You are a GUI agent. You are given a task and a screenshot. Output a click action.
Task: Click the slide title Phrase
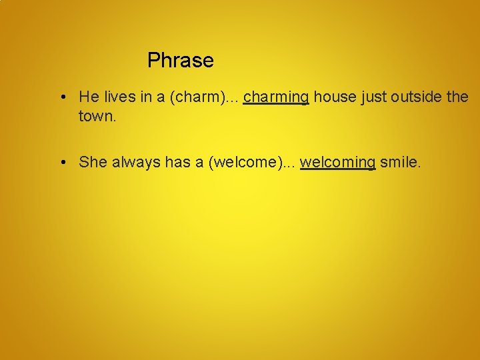click(x=180, y=61)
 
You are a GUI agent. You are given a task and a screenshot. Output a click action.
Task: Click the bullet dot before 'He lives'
click(x=61, y=97)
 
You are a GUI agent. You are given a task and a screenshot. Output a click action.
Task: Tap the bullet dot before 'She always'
click(x=61, y=162)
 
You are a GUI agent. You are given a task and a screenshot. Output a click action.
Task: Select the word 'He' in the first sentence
click(x=88, y=97)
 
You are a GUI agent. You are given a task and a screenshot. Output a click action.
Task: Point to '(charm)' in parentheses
click(x=196, y=97)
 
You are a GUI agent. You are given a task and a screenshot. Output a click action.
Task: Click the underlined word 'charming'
click(x=276, y=97)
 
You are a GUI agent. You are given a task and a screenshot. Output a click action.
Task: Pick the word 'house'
click(x=335, y=97)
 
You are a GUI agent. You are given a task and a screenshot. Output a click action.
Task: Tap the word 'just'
click(x=374, y=97)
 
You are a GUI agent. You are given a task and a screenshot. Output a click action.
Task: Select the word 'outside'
click(x=417, y=97)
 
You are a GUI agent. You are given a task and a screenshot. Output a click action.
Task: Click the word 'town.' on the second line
click(x=97, y=116)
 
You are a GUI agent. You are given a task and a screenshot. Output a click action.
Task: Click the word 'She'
click(x=93, y=162)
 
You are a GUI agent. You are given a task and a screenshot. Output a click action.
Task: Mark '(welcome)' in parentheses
click(x=239, y=162)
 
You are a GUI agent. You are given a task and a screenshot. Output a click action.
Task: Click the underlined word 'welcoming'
click(x=338, y=162)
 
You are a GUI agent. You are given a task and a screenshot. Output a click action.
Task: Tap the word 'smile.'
click(x=400, y=162)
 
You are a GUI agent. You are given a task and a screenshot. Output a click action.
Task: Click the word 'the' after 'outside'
click(x=458, y=97)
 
